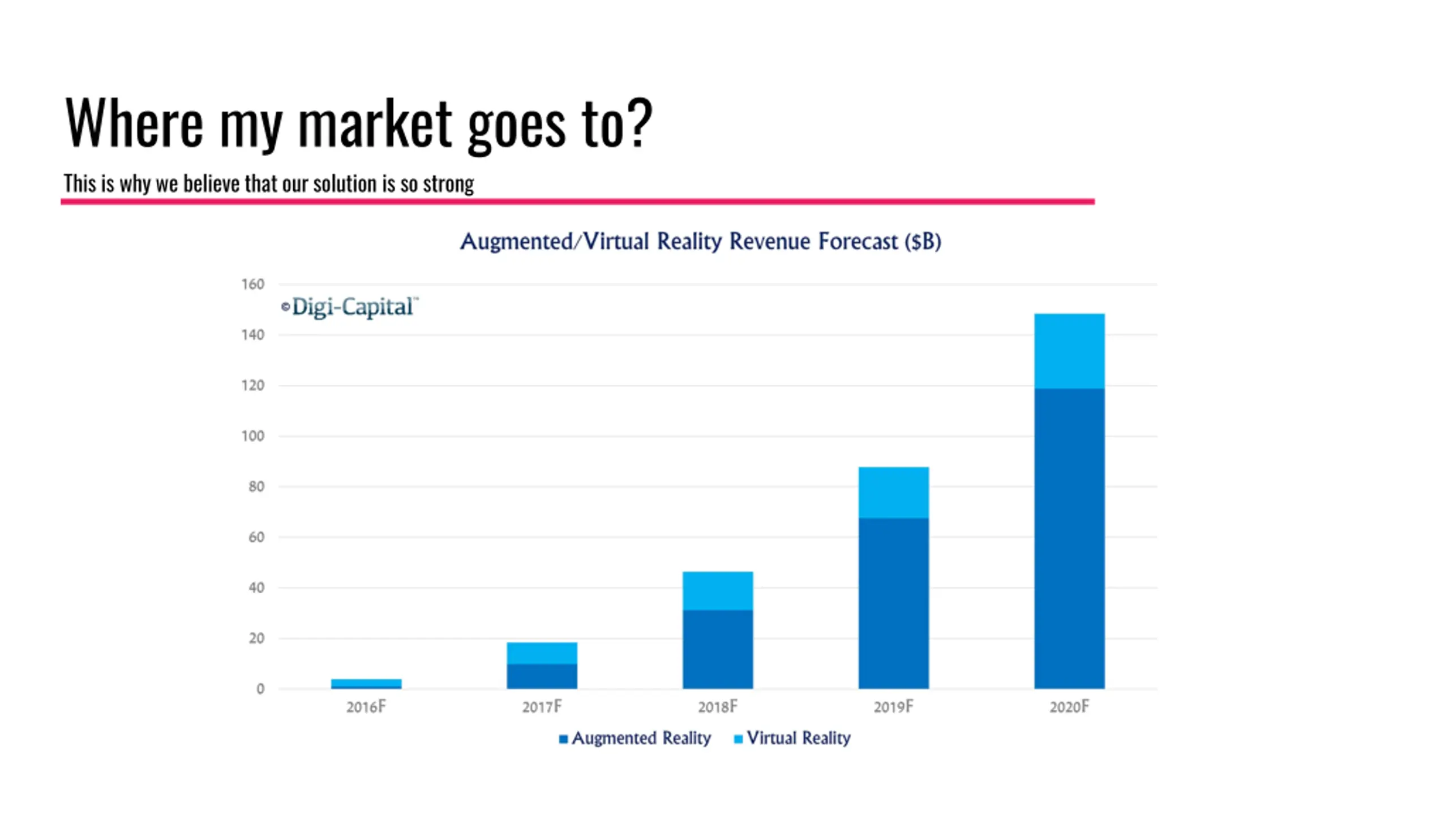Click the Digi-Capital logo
tap(350, 307)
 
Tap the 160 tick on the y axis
tap(252, 284)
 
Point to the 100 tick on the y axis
tap(252, 436)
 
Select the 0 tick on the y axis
tap(260, 689)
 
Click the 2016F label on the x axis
tap(366, 707)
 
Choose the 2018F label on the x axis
tap(718, 707)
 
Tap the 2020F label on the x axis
tap(1069, 707)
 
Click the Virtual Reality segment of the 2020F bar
tap(1069, 351)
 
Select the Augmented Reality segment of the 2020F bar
tap(1069, 538)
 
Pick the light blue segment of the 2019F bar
tap(893, 492)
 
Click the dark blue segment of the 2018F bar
tap(718, 649)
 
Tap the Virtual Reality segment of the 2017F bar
tap(542, 653)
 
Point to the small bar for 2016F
tap(366, 683)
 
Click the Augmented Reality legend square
tap(563, 739)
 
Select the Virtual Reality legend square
tap(738, 739)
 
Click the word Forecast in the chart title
tap(858, 242)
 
